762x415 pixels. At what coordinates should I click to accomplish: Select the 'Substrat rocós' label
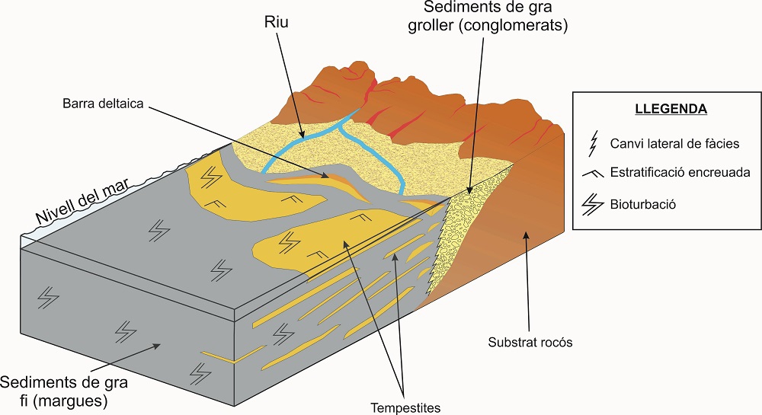pyautogui.click(x=530, y=342)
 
